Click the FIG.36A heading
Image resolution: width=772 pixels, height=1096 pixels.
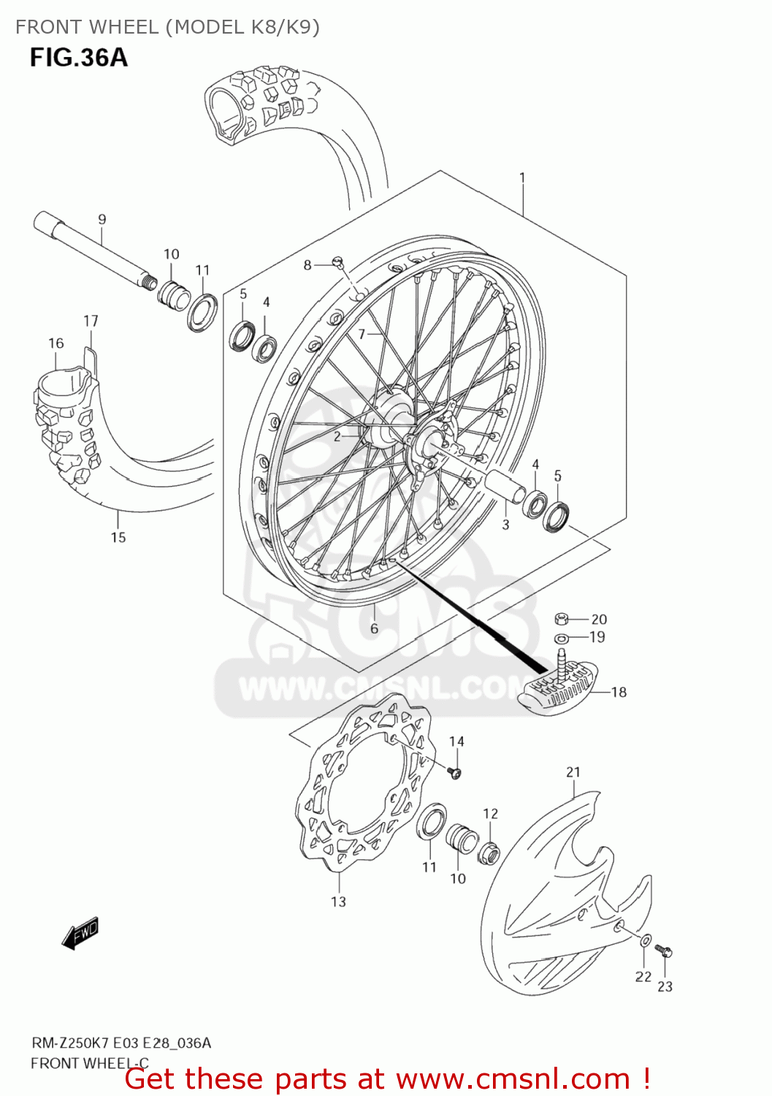tap(79, 58)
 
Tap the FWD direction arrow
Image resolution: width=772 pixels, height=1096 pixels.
tap(80, 934)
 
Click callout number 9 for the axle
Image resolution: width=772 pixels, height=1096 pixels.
tap(102, 219)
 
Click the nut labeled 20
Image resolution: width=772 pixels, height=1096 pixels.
tap(562, 620)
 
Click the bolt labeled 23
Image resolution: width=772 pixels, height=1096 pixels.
tap(664, 951)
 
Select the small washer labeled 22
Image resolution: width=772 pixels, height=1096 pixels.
tap(645, 940)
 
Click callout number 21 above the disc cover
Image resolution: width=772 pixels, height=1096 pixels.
tap(573, 772)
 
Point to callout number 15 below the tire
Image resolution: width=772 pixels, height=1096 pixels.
tap(118, 538)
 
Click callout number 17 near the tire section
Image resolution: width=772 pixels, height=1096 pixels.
tap(91, 321)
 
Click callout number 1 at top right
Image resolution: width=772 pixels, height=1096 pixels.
tap(522, 178)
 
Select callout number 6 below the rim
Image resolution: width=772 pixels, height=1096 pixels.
tap(374, 628)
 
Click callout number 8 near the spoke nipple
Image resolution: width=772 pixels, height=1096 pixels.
tap(307, 265)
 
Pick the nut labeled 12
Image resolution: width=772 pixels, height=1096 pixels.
tap(489, 852)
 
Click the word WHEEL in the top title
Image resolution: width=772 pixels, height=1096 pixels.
tap(123, 27)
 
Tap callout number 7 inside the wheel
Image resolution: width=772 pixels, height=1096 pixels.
tap(362, 334)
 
